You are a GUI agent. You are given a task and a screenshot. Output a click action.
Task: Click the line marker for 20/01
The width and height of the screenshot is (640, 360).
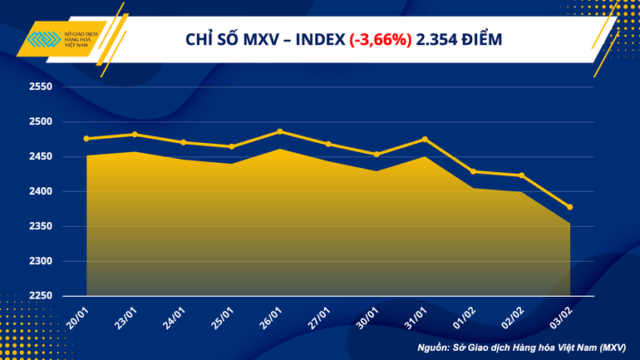click(86, 138)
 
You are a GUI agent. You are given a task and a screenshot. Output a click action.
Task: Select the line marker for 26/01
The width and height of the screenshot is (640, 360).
click(280, 131)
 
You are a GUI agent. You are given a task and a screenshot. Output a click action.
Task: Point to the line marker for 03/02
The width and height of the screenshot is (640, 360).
click(569, 207)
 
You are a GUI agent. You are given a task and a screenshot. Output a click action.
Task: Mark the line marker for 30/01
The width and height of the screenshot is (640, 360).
click(377, 154)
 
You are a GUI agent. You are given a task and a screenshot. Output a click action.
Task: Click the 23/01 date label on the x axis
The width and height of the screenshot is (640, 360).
click(126, 317)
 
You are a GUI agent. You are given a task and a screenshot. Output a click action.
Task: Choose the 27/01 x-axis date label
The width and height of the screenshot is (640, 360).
click(319, 317)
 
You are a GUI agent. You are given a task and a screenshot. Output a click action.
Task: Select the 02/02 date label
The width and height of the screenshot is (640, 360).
click(513, 317)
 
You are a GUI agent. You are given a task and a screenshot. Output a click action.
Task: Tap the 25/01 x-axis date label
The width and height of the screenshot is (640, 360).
click(223, 317)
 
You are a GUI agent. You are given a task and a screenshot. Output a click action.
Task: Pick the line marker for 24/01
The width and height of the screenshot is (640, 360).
click(183, 142)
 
